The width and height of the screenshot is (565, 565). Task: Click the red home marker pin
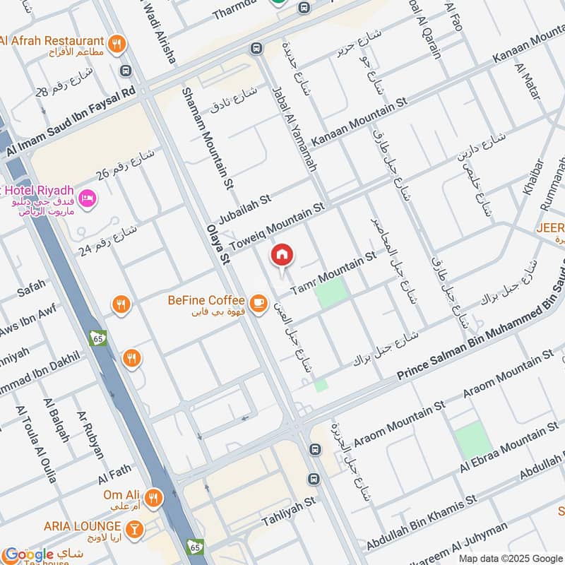282,255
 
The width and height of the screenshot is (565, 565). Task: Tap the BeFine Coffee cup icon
258,302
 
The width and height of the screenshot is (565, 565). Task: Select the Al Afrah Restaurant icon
117,43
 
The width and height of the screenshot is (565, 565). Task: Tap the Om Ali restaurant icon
152,496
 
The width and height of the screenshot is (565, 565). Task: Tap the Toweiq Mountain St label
276,222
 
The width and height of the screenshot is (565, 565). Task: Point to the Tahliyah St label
286,512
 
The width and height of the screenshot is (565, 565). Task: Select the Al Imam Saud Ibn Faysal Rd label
70,120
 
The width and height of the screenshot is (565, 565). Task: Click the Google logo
28,554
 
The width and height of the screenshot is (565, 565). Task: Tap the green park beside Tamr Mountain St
331,293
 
